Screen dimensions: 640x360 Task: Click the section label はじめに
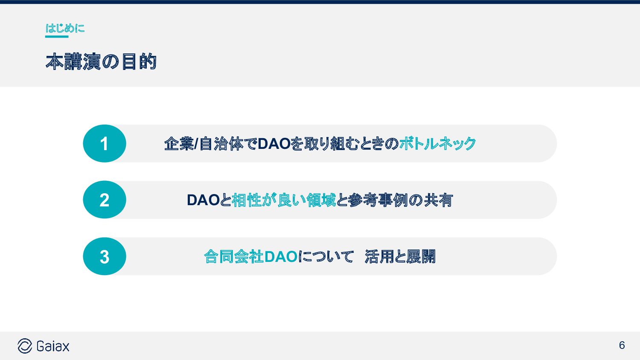[x=65, y=28]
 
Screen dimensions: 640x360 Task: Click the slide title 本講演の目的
[x=101, y=62]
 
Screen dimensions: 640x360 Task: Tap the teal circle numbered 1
[x=105, y=143]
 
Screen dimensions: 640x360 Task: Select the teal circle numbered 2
[x=105, y=200]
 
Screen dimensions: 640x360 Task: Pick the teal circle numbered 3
[x=105, y=256]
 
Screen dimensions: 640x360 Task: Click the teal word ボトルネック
[x=437, y=144]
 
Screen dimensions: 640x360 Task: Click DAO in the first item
[x=274, y=144]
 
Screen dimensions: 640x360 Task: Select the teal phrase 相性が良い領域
[x=284, y=200]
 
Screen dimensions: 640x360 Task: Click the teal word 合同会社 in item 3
[x=234, y=257]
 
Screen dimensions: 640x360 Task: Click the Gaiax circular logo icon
[x=25, y=346]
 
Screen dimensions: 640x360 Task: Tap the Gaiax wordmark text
[x=53, y=346]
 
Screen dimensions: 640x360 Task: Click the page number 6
[x=622, y=345]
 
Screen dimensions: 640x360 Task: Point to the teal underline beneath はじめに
[x=57, y=37]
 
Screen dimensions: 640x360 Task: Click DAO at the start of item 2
[x=203, y=200]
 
